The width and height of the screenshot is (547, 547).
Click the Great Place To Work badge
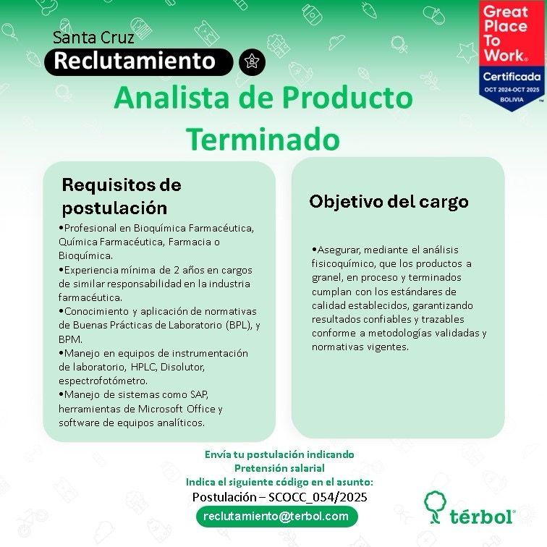pyautogui.click(x=512, y=55)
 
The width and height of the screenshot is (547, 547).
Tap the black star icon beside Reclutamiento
pyautogui.click(x=252, y=62)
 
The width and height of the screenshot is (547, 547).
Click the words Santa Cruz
pyautogui.click(x=93, y=38)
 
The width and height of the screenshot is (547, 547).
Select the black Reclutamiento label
pyautogui.click(x=138, y=62)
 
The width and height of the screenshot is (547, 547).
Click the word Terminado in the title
pyautogui.click(x=263, y=140)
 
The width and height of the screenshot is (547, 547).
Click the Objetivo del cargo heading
pyautogui.click(x=389, y=202)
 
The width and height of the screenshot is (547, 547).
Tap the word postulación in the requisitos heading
pyautogui.click(x=114, y=208)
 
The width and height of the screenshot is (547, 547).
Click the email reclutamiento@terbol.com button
pyautogui.click(x=276, y=517)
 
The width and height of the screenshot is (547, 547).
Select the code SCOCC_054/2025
pyautogui.click(x=318, y=497)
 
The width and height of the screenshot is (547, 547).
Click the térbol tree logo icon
pyautogui.click(x=435, y=507)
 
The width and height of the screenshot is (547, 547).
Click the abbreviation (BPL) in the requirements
pyautogui.click(x=239, y=325)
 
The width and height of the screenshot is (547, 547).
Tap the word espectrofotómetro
pyautogui.click(x=103, y=381)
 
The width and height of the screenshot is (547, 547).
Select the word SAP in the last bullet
pyautogui.click(x=199, y=394)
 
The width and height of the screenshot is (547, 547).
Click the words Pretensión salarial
pyautogui.click(x=279, y=468)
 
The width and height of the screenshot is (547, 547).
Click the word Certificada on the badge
pyautogui.click(x=512, y=77)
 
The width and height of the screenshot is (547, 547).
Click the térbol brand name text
pyautogui.click(x=482, y=516)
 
